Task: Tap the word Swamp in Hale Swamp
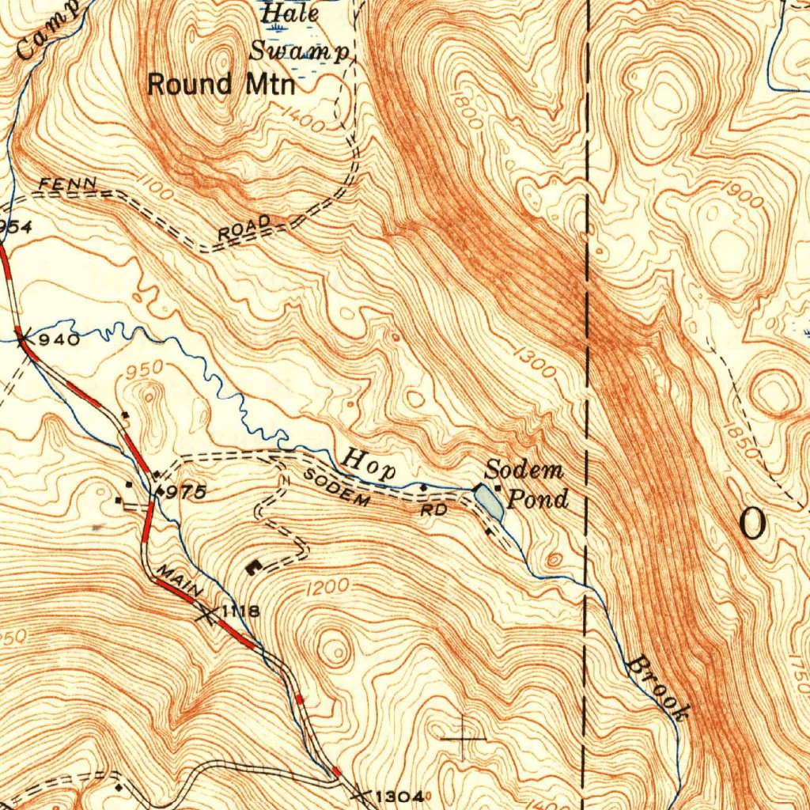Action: tap(299, 51)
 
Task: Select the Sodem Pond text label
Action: tap(525, 484)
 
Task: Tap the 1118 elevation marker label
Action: tap(240, 611)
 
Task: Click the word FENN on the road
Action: tap(69, 184)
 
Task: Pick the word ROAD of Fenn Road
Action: tap(244, 228)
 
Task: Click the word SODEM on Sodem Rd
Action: tap(337, 487)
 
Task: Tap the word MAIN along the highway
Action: tap(180, 581)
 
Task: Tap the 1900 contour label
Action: tap(742, 194)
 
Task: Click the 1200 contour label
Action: tap(327, 586)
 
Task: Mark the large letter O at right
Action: tap(752, 524)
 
